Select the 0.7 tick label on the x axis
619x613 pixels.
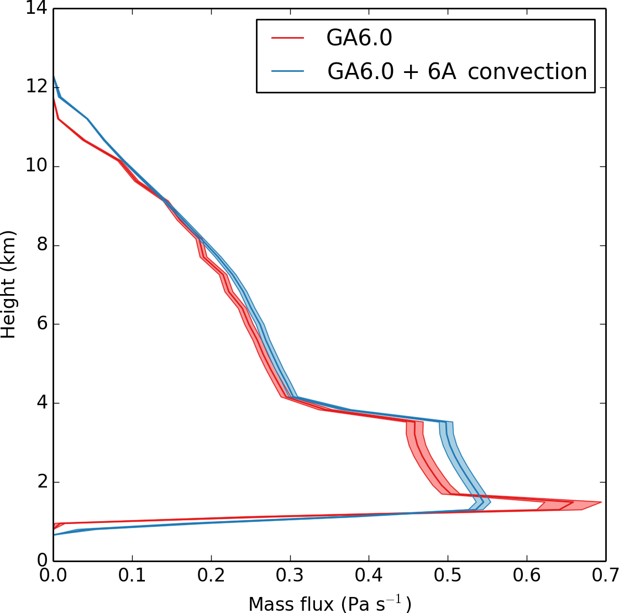[605, 577]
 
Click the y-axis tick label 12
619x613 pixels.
[36, 87]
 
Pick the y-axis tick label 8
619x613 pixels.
[42, 245]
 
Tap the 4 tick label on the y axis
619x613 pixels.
[42, 403]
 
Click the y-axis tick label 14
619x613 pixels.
[36, 9]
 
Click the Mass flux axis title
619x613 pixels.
[329, 602]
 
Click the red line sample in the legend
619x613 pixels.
[288, 38]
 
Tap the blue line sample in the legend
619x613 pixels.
[288, 71]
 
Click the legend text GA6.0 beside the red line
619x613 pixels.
[359, 38]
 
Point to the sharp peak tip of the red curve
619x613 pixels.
[601, 502]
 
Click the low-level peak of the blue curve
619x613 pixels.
[301, 502]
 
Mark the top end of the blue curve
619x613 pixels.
[54, 76]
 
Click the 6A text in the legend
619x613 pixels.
[440, 71]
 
